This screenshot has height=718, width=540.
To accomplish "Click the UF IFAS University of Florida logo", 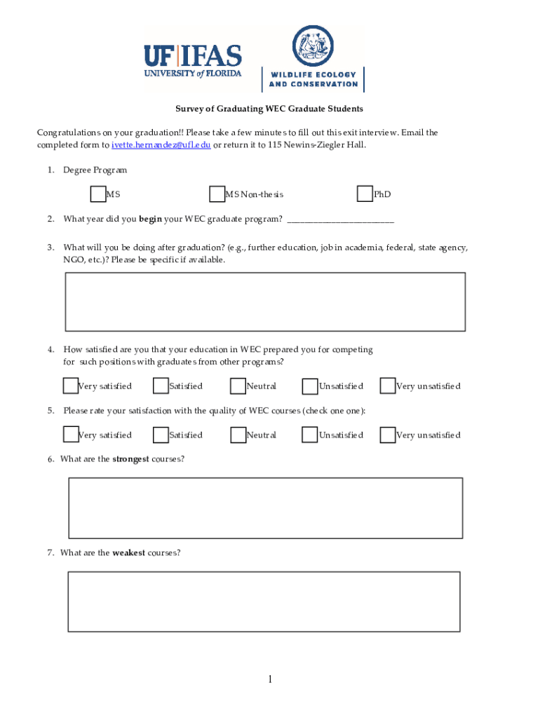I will click(192, 62).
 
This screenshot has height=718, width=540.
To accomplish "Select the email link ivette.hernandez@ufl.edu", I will click(161, 145).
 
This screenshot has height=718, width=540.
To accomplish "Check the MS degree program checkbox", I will click(98, 194).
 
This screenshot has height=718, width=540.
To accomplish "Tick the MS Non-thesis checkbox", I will click(217, 194).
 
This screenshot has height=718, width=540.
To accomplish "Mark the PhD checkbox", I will click(365, 194).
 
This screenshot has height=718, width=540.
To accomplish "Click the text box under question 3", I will click(265, 302).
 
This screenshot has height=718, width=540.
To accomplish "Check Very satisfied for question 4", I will click(70, 386).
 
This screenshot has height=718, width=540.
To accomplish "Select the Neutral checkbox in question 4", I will click(238, 386).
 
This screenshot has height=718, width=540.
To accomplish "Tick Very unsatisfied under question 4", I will click(388, 386).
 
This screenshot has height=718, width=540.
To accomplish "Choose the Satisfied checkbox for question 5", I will click(161, 435).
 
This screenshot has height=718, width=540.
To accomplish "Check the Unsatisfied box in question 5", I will click(310, 435).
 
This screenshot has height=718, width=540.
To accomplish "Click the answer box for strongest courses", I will click(265, 508).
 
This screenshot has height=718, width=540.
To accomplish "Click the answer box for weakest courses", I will click(264, 602).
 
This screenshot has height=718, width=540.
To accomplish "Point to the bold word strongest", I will click(130, 459).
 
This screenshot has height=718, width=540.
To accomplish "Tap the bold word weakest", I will click(128, 553).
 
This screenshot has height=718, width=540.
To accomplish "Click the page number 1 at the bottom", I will click(269, 679).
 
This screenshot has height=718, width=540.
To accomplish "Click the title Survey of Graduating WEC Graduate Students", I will click(269, 109).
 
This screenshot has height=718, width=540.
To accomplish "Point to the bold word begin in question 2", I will click(150, 219).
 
